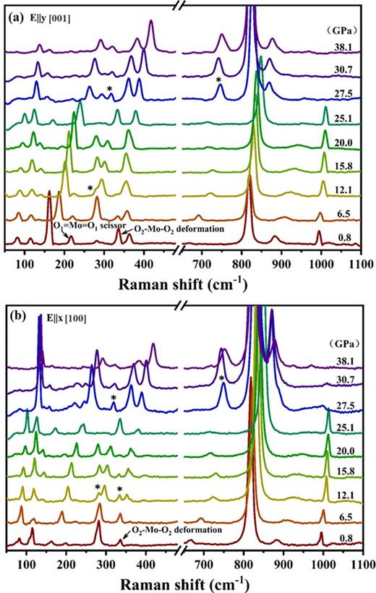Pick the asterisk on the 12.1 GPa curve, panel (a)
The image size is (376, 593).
click(90, 189)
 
